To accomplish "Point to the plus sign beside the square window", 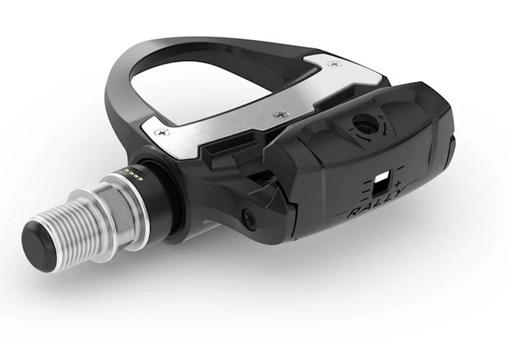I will pyautogui.click(x=397, y=185).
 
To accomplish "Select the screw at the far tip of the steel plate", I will pyautogui.click(x=332, y=64).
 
